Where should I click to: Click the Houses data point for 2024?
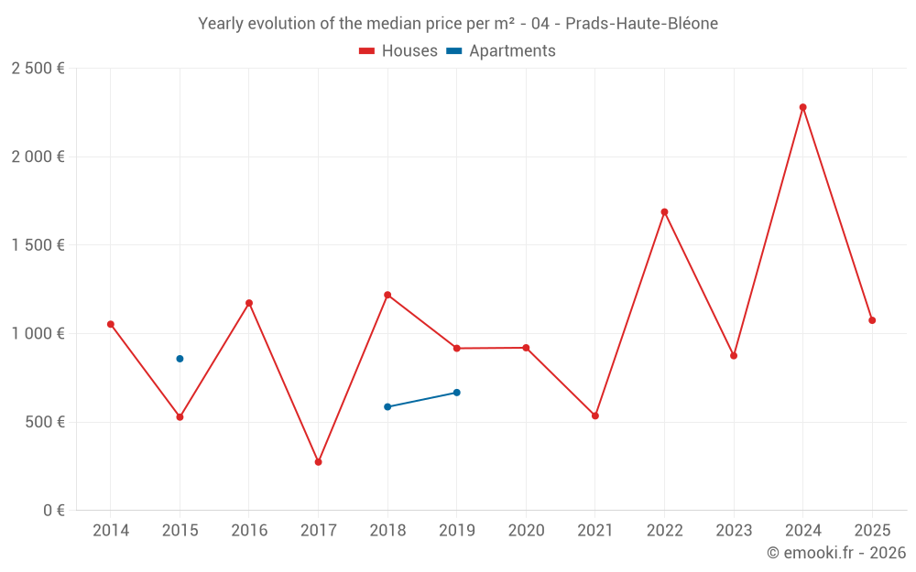803,107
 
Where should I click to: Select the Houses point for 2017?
318,462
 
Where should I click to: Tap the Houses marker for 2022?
664,212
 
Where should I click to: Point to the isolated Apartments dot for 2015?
180,359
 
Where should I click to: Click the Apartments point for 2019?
456,393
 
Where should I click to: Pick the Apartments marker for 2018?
387,406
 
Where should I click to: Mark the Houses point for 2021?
595,416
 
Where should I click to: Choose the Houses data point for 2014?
111,324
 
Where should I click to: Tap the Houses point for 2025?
872,320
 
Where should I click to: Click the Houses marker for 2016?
249,303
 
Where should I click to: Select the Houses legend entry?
398,51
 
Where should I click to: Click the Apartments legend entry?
501,51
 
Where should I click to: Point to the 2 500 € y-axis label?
38,69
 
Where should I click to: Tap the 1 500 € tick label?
38,245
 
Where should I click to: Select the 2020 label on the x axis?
526,531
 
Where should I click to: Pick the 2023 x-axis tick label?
734,531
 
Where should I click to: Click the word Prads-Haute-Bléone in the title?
642,23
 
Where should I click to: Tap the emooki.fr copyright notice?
835,553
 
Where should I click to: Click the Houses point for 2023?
734,355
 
